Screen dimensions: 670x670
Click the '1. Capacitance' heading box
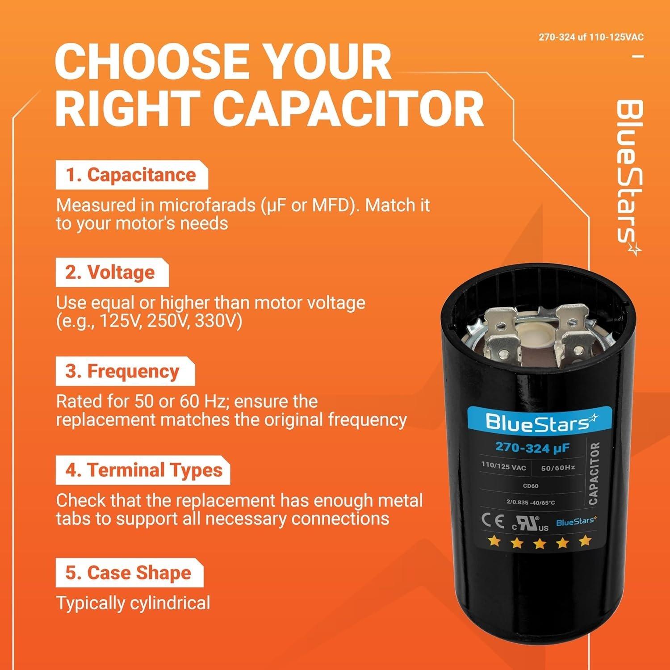click(131, 175)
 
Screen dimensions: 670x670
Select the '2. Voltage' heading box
click(112, 272)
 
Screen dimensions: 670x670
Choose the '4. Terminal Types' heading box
click(142, 470)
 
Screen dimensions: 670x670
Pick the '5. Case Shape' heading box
click(129, 573)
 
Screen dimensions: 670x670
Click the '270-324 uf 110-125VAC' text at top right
click(591, 37)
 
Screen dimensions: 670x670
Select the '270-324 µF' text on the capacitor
click(532, 448)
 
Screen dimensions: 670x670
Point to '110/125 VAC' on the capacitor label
click(503, 467)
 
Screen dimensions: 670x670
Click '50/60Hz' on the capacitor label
click(558, 468)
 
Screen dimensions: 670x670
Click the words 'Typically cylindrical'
click(133, 603)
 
